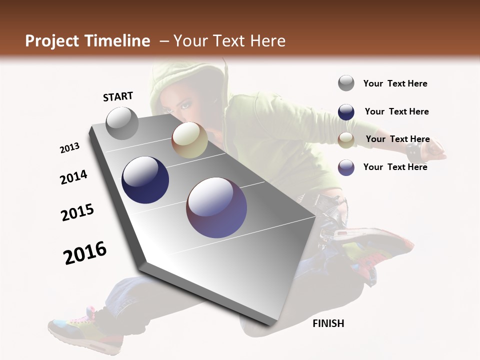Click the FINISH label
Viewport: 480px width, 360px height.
click(x=328, y=323)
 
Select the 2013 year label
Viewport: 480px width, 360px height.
click(x=69, y=148)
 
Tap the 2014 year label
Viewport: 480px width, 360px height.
click(x=73, y=177)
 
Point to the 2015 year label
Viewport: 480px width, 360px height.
click(x=77, y=212)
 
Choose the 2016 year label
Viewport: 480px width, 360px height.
click(x=85, y=253)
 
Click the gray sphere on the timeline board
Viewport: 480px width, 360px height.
click(x=122, y=123)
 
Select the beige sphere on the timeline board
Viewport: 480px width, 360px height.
click(x=189, y=140)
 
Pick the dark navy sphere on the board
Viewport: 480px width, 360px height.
click(x=145, y=180)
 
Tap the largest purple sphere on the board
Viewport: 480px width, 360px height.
click(x=216, y=207)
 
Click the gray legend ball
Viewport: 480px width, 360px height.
click(x=346, y=83)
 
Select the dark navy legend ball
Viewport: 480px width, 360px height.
click(x=346, y=111)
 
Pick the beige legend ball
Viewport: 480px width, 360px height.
click(x=346, y=139)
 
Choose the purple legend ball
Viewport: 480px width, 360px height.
click(x=346, y=167)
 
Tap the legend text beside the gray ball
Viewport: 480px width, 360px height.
click(x=395, y=83)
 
